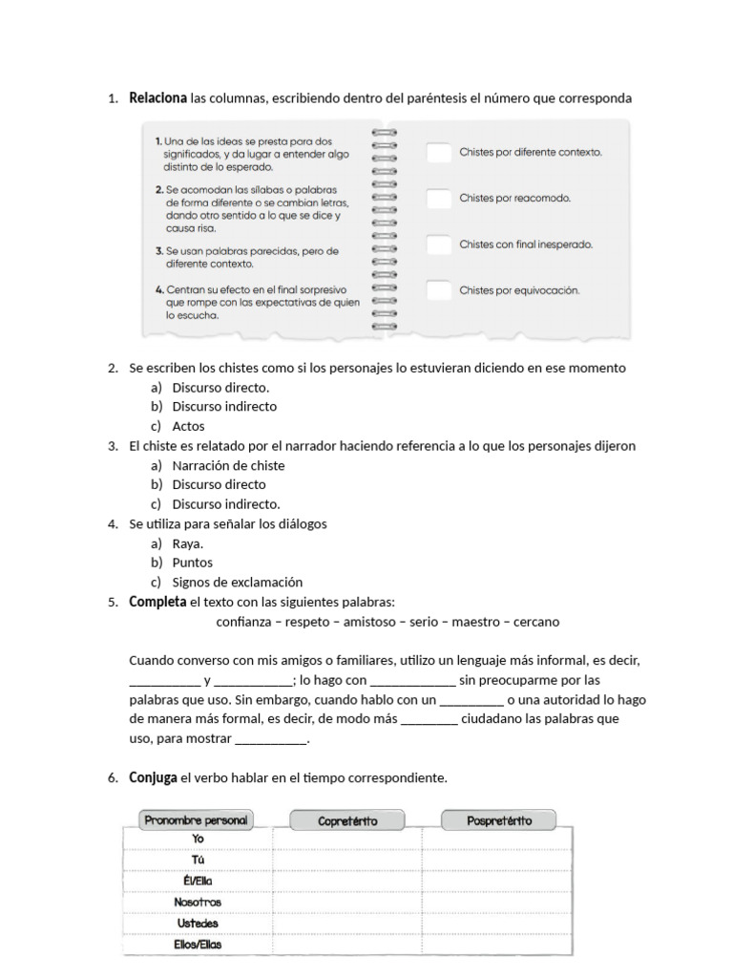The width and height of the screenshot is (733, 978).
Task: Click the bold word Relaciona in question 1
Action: (157, 98)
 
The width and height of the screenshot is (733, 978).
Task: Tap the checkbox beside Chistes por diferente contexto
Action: (438, 152)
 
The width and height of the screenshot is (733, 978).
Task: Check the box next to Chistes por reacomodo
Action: (438, 199)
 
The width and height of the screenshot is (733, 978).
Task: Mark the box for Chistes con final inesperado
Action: (438, 244)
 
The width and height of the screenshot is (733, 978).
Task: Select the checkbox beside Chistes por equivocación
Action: (438, 290)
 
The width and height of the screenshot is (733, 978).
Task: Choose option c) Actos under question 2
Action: (188, 426)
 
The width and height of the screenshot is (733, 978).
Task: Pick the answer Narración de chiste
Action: (228, 465)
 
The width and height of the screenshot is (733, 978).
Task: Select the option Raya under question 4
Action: (187, 543)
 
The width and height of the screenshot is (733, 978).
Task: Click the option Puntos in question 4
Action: (192, 563)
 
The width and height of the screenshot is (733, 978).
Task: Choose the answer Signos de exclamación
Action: (237, 582)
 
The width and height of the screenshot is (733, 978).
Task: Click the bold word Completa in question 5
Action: (157, 602)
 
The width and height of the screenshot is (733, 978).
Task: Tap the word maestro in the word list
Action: (477, 622)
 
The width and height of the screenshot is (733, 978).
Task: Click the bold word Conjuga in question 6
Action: (153, 777)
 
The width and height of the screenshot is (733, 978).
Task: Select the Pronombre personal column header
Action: (196, 819)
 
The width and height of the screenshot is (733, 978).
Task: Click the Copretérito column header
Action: (347, 820)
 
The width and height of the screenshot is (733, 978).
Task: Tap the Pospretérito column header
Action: (499, 820)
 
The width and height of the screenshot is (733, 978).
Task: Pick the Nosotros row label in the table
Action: (198, 902)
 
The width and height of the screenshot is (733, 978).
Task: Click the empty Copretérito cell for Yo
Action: (347, 839)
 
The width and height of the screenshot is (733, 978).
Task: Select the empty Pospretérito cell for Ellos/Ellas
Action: (497, 944)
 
